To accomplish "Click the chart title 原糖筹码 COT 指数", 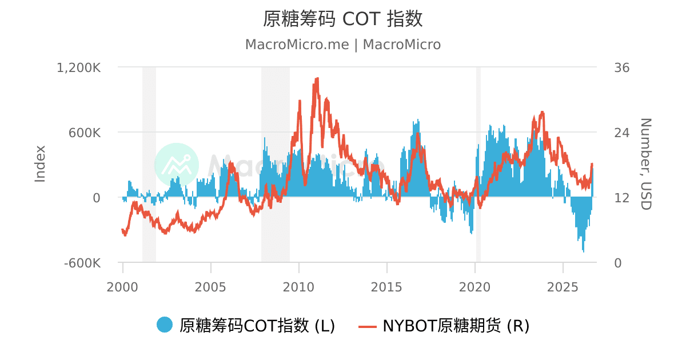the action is pyautogui.click(x=343, y=19).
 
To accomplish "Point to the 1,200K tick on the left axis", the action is pyautogui.click(x=79, y=67).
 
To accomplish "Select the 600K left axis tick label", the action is pyautogui.click(x=85, y=133).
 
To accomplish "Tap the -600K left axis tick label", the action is pyautogui.click(x=82, y=263).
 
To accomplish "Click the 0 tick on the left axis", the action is pyautogui.click(x=97, y=198).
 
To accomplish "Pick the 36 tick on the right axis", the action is pyautogui.click(x=622, y=67).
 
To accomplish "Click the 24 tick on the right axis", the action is pyautogui.click(x=622, y=133).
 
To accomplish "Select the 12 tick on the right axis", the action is pyautogui.click(x=622, y=198).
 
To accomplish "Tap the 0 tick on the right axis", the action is pyautogui.click(x=618, y=263).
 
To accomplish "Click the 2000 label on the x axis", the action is pyautogui.click(x=122, y=287).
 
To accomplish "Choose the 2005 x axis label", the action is pyautogui.click(x=210, y=287).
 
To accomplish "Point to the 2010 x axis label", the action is pyautogui.click(x=298, y=287).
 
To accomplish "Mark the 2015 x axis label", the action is pyautogui.click(x=386, y=287).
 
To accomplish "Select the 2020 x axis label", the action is pyautogui.click(x=474, y=287).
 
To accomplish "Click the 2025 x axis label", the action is pyautogui.click(x=563, y=287).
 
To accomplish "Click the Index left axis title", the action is pyautogui.click(x=40, y=164).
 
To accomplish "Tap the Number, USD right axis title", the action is pyautogui.click(x=646, y=164).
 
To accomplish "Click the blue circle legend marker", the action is pyautogui.click(x=165, y=325).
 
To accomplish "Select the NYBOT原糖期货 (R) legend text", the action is pyautogui.click(x=456, y=326).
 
